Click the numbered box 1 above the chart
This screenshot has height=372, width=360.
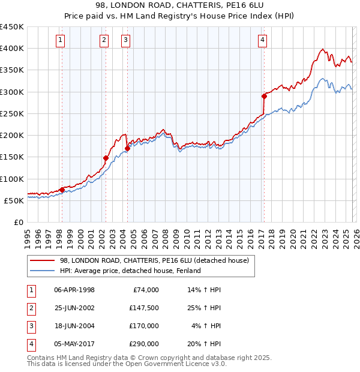coord(61,40)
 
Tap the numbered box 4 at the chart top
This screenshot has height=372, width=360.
coord(263,40)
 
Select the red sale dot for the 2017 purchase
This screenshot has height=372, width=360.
coord(264,96)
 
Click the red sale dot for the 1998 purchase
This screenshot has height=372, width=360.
coord(62,190)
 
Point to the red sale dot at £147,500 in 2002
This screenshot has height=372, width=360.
coord(106,158)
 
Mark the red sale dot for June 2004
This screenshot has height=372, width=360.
coord(127,148)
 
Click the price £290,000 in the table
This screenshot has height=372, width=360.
coord(143,344)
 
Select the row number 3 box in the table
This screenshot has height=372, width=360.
coord(31,326)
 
